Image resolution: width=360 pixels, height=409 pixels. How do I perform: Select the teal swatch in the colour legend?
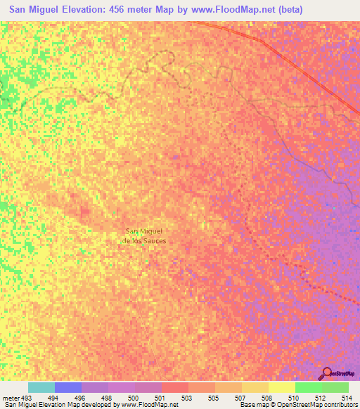41,387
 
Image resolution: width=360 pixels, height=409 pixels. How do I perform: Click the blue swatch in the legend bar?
68,387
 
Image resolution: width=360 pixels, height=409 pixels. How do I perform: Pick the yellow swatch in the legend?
281,387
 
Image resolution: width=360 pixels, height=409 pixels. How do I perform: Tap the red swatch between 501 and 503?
175,387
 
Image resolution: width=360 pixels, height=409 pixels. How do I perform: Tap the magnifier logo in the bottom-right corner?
327,375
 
